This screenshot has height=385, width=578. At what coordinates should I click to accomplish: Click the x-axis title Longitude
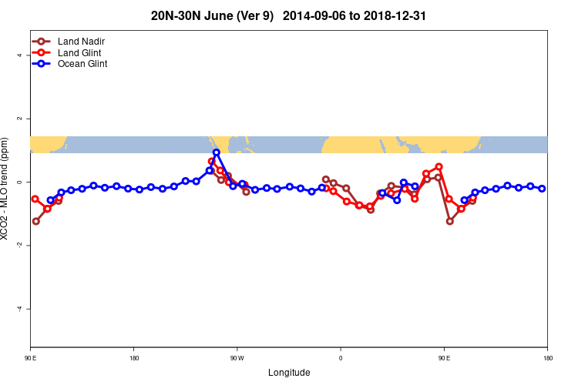pyautogui.click(x=289, y=373)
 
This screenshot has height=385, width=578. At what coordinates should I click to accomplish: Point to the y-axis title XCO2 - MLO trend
pyautogui.click(x=6, y=189)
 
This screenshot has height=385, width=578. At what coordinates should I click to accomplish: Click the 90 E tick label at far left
pyautogui.click(x=30, y=358)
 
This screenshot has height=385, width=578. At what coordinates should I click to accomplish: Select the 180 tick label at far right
pyautogui.click(x=547, y=358)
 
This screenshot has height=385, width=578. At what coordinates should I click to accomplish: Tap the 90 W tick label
pyautogui.click(x=237, y=358)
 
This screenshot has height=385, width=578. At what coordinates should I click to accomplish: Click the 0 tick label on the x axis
pyautogui.click(x=341, y=358)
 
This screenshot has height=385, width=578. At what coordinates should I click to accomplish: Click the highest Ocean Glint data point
pyautogui.click(x=217, y=152)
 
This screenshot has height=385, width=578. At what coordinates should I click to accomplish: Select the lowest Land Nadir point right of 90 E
pyautogui.click(x=450, y=221)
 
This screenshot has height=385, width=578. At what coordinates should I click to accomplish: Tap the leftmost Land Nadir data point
pyautogui.click(x=35, y=221)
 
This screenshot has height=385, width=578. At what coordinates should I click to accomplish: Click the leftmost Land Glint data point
pyautogui.click(x=35, y=199)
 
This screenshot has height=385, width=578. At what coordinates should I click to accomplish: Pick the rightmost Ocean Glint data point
pyautogui.click(x=542, y=189)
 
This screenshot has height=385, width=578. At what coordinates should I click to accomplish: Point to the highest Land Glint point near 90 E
pyautogui.click(x=439, y=166)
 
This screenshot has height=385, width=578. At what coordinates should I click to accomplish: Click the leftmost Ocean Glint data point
pyautogui.click(x=51, y=200)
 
